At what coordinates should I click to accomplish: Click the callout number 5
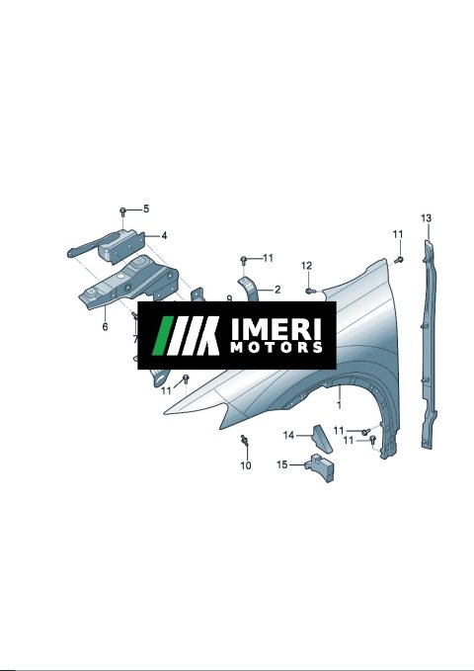pos(146,209)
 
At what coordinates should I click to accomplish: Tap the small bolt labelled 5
pos(123,210)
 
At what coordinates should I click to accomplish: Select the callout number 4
pos(164,236)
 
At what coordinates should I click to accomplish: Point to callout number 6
pos(106,326)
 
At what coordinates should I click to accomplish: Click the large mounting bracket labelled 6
pos(128,283)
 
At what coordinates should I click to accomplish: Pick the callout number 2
pos(277,290)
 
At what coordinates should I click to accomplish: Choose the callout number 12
pos(307,266)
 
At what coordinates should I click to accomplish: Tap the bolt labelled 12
pos(311,291)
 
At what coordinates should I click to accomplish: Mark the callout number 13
pos(426,218)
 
